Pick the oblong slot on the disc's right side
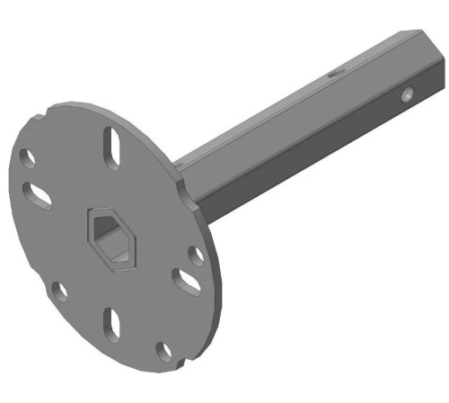(187, 282)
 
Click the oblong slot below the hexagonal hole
(112, 324)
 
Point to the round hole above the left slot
(29, 159)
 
